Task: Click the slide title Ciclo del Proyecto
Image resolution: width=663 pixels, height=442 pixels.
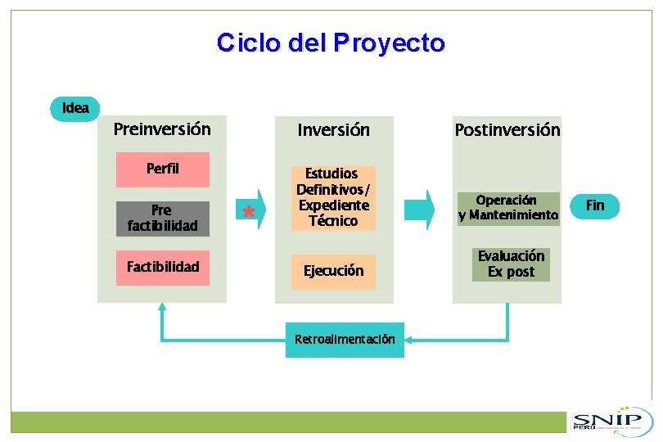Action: [331, 43]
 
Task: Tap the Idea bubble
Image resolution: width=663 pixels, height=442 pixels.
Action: [75, 108]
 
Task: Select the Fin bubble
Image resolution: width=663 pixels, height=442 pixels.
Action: [595, 205]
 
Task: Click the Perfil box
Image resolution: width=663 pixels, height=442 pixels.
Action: [162, 169]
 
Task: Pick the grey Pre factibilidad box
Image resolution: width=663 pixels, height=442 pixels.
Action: [162, 219]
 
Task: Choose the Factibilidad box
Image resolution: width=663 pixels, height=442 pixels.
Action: [162, 267]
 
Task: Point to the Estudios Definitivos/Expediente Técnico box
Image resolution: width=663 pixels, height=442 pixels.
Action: [333, 197]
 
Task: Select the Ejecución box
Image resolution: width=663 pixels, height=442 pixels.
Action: [333, 271]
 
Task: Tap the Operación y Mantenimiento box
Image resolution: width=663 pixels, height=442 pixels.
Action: [507, 208]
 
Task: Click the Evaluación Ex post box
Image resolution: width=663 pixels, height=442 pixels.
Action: [511, 264]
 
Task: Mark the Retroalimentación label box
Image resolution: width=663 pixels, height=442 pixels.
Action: [344, 340]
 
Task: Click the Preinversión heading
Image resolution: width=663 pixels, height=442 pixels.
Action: [162, 129]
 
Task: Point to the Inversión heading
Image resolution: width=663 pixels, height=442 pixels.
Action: [333, 130]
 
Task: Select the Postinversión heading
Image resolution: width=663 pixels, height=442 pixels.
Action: [507, 130]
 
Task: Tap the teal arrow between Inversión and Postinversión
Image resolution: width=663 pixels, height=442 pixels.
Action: [420, 210]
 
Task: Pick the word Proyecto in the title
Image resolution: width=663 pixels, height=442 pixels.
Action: [389, 43]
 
